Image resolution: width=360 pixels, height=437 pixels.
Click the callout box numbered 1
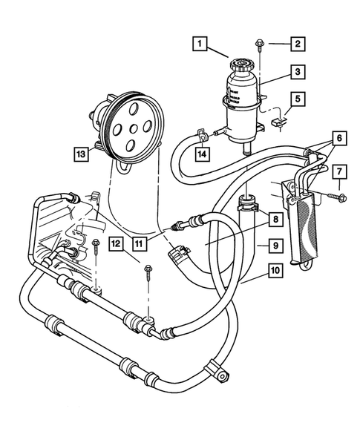(197, 44)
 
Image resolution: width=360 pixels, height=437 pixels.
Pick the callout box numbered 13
(78, 154)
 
